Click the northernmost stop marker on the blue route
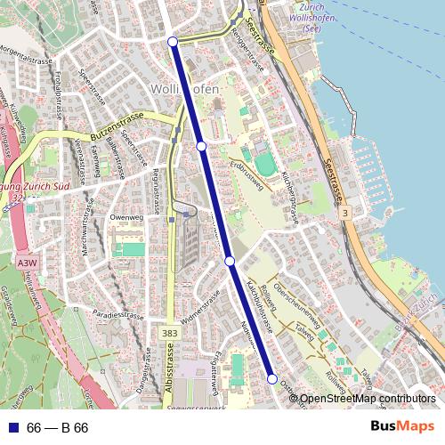(x=173, y=41)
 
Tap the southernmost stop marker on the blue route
(x=272, y=379)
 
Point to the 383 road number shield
(x=171, y=331)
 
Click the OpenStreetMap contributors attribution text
(x=368, y=398)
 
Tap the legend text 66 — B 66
(x=58, y=428)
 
